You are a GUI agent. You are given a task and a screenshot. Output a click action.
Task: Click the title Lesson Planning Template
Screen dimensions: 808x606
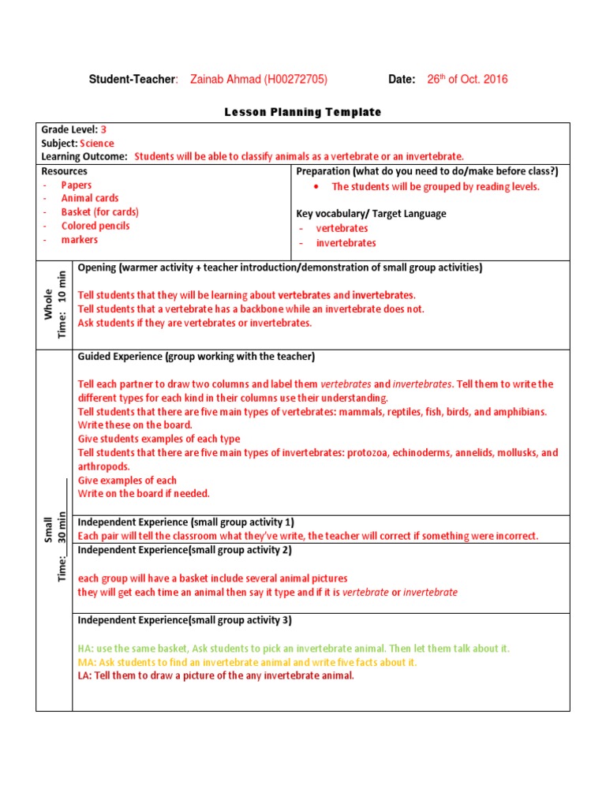[302, 112]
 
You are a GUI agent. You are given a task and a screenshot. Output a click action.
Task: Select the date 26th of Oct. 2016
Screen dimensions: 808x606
[467, 79]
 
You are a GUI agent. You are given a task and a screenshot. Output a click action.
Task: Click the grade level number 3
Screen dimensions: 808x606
[103, 129]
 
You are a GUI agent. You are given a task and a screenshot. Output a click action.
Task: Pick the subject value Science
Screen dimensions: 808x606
[96, 144]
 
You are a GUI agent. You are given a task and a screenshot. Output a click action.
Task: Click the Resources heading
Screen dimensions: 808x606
[64, 171]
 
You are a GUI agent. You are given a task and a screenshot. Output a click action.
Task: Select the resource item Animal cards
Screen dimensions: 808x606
[90, 199]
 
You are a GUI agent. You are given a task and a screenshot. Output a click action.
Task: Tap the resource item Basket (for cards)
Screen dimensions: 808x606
[99, 212]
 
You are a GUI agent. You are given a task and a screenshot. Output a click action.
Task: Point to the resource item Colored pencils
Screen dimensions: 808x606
[95, 226]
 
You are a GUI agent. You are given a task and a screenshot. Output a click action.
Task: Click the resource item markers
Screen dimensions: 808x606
[80, 240]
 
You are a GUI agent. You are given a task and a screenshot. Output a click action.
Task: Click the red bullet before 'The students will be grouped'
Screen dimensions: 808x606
[316, 187]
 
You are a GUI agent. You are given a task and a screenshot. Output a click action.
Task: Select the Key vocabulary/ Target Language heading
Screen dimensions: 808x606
[371, 214]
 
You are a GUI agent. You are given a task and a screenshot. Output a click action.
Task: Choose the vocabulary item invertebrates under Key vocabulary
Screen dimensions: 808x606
[346, 243]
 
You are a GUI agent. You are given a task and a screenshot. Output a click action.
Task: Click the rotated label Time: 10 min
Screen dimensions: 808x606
[62, 305]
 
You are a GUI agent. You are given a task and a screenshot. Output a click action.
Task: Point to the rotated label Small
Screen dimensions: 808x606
[48, 529]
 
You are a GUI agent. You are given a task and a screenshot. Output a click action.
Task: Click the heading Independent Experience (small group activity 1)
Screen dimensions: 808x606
[185, 522]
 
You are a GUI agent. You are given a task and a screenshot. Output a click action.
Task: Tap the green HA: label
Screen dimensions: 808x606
[86, 649]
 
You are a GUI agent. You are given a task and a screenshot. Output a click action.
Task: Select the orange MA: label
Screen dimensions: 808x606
[87, 663]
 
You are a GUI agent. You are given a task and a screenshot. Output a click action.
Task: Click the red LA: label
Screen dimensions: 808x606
[85, 676]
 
